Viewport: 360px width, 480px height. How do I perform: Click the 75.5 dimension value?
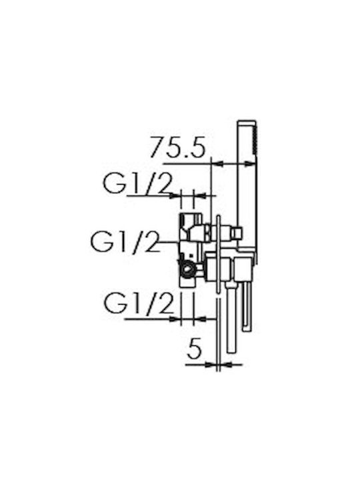(178, 147)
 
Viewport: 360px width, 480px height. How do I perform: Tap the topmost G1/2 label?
(137, 183)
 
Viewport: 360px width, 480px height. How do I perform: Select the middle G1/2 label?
(125, 241)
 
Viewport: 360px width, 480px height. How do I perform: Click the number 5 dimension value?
(195, 348)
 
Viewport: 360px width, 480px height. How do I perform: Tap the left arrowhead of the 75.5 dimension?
(217, 165)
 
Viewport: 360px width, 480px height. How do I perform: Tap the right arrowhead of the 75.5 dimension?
(250, 165)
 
